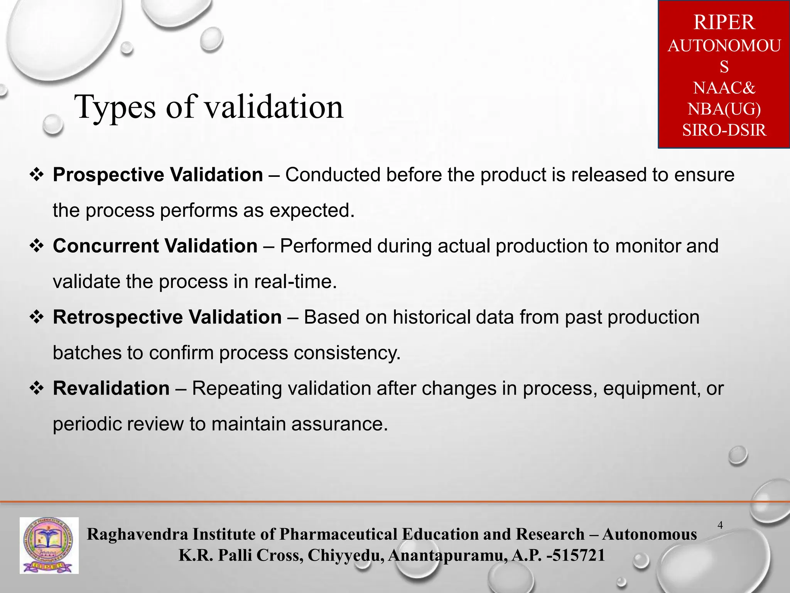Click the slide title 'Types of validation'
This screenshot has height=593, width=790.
(x=208, y=107)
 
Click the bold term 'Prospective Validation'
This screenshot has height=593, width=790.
(x=158, y=175)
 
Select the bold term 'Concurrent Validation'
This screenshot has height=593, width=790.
(x=155, y=246)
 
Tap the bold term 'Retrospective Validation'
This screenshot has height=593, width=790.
(x=167, y=317)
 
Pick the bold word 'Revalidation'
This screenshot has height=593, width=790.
(x=111, y=388)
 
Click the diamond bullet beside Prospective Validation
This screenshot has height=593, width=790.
(x=37, y=175)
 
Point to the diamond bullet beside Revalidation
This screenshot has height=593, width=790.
(x=37, y=388)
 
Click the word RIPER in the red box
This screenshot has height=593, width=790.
(x=724, y=22)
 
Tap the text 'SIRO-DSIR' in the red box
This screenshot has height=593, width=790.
(x=724, y=130)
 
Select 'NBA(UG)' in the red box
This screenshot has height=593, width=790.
(x=724, y=109)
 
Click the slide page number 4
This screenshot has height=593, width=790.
(x=720, y=525)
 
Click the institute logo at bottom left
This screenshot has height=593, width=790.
(x=49, y=545)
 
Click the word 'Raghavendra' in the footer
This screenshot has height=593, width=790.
(x=137, y=534)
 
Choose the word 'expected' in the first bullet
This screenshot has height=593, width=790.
(x=311, y=211)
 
